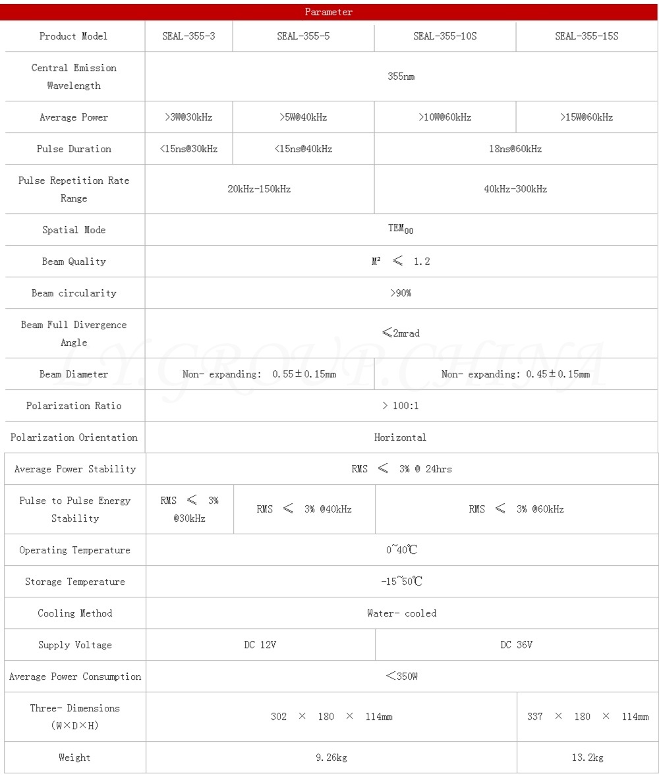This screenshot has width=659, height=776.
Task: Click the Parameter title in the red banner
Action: (329, 12)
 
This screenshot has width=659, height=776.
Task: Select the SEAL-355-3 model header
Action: (188, 36)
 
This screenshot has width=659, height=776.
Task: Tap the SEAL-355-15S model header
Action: (587, 36)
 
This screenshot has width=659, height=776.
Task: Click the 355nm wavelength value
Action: (401, 76)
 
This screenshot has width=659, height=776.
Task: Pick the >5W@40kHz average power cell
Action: (303, 117)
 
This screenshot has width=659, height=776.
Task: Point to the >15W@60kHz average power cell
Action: (587, 117)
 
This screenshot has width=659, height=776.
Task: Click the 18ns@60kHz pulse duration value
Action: (515, 149)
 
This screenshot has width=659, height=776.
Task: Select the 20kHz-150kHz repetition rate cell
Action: (259, 189)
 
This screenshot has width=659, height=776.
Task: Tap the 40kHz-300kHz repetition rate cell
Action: (515, 189)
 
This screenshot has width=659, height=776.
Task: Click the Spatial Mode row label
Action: (74, 230)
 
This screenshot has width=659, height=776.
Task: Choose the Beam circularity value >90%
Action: (401, 293)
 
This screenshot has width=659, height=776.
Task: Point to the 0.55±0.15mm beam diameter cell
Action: (259, 374)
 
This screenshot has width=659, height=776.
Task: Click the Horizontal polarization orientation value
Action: (400, 437)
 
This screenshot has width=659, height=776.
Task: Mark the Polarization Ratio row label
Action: (74, 406)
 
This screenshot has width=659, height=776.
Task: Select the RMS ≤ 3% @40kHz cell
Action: (304, 509)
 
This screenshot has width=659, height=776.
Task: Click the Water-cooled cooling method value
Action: (401, 613)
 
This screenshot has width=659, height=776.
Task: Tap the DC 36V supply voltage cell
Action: (516, 645)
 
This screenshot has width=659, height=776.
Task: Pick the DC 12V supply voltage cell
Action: (260, 645)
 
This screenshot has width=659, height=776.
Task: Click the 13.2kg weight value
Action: (587, 758)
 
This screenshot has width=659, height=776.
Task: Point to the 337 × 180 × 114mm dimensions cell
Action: (587, 717)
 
